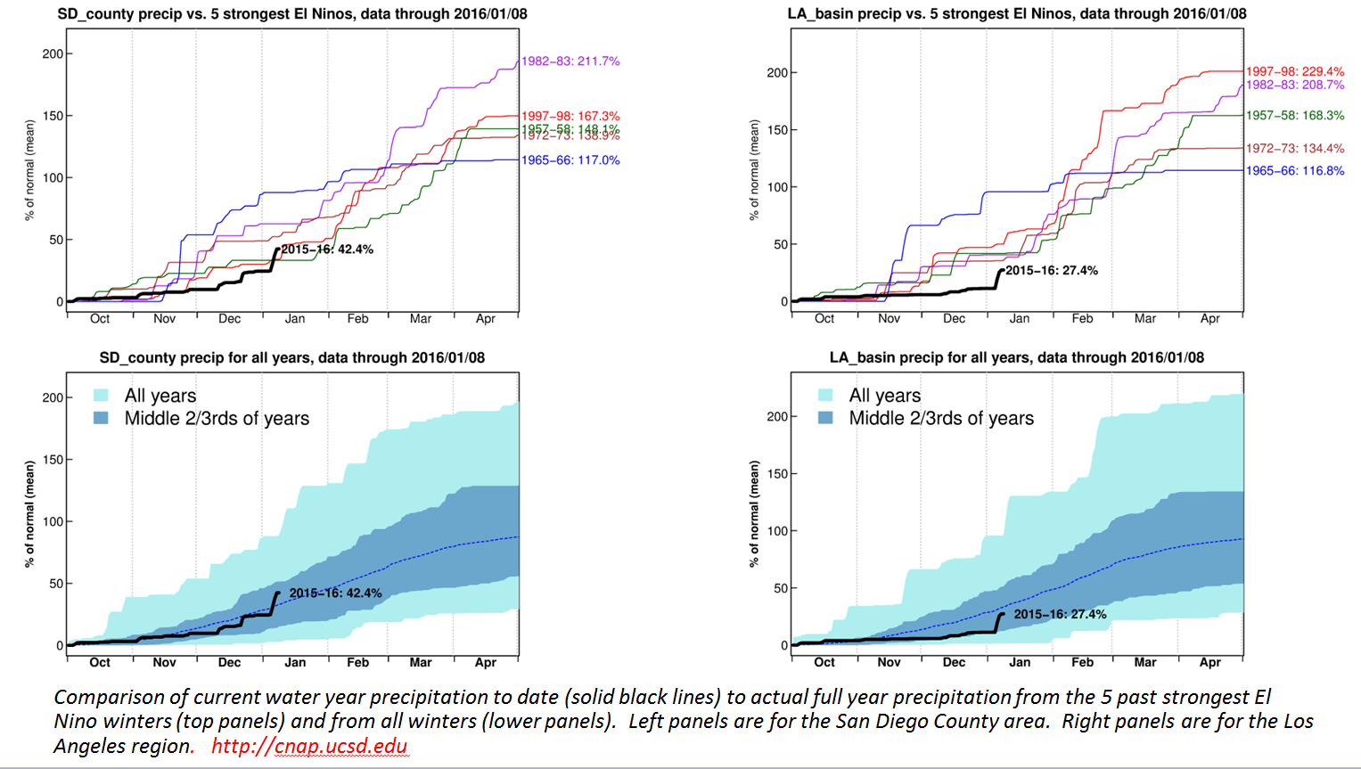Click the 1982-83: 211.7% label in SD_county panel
(x=570, y=61)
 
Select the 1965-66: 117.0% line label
(x=570, y=160)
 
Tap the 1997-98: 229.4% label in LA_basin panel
(x=1294, y=71)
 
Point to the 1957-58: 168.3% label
(x=1294, y=116)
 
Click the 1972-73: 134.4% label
(x=1294, y=149)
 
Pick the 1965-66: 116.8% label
(x=1294, y=171)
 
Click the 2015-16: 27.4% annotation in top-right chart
(x=1052, y=271)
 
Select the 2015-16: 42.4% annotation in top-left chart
(x=327, y=250)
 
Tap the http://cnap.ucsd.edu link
(x=309, y=747)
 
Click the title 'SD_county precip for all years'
(x=291, y=358)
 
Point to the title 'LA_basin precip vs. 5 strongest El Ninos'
(x=1016, y=14)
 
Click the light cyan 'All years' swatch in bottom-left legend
(x=102, y=396)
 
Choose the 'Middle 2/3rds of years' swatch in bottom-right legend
(x=826, y=418)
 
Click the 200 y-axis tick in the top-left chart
(x=53, y=54)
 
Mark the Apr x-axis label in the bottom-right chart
(x=1209, y=663)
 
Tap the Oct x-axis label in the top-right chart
(x=824, y=319)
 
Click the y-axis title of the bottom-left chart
(x=29, y=514)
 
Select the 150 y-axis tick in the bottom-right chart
(x=777, y=474)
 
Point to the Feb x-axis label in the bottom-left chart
(x=357, y=663)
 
